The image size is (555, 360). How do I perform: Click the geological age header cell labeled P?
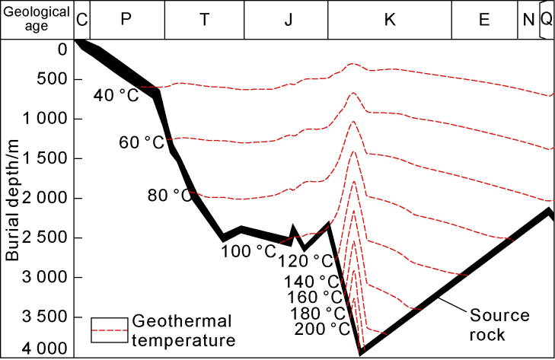click(126, 20)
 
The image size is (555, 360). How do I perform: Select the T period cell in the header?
click(204, 20)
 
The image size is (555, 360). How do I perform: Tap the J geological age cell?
click(286, 20)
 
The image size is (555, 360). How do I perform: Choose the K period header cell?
click(390, 20)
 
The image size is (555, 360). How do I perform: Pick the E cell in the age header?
click(484, 20)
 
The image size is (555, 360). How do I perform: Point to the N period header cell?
click(528, 20)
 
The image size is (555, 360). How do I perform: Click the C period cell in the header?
click(81, 20)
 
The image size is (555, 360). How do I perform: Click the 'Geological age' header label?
click(37, 19)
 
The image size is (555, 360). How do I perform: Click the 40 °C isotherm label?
click(116, 95)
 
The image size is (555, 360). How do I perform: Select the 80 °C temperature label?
click(169, 196)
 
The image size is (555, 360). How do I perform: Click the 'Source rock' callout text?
click(499, 324)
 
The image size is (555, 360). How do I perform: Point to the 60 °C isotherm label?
click(142, 142)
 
